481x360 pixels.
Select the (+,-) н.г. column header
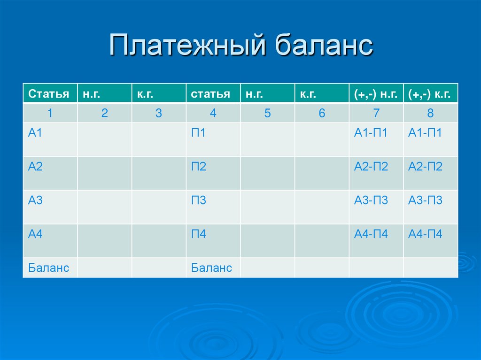point(376,94)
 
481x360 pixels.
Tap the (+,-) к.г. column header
point(430,94)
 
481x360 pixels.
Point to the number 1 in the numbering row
point(50,113)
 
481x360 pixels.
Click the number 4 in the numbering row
point(213,113)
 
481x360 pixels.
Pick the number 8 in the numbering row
point(430,113)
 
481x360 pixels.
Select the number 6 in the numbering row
point(322,113)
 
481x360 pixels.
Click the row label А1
point(35,133)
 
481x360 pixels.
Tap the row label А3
point(35,200)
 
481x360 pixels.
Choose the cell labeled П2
point(199,167)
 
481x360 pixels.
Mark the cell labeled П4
point(199,234)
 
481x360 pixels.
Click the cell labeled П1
point(199,133)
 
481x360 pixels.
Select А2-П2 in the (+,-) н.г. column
point(371,167)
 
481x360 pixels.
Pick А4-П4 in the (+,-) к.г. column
point(425,234)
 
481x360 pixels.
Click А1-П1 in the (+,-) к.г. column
point(425,133)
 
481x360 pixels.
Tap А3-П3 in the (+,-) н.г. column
point(371,200)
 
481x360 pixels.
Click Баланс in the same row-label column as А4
point(49,268)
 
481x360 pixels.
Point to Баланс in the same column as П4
point(212,268)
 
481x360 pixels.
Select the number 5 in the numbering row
point(267,113)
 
